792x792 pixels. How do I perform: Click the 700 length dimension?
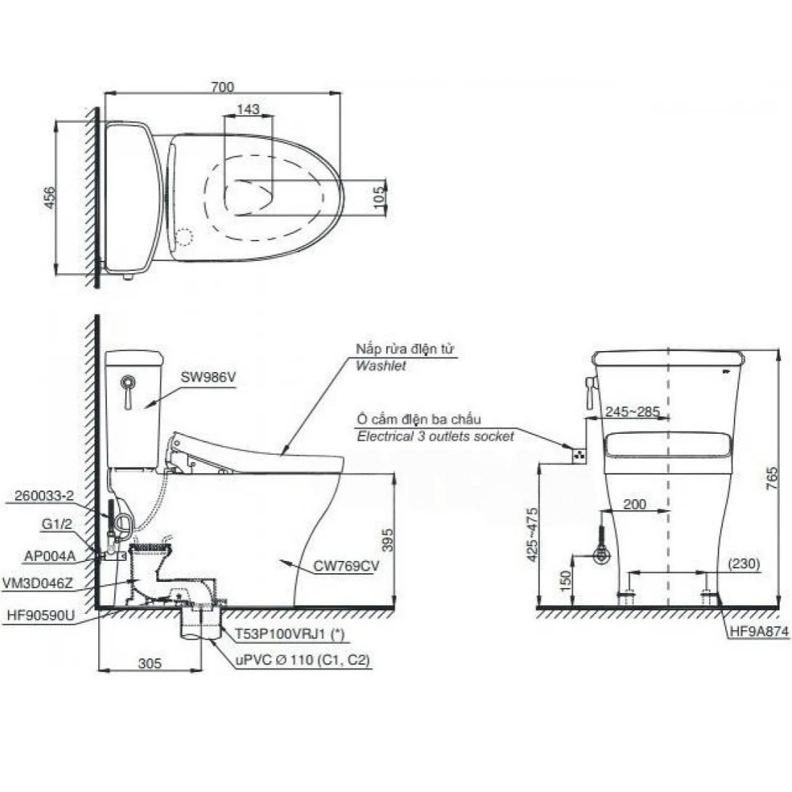point(222,87)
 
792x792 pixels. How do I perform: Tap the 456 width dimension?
point(50,197)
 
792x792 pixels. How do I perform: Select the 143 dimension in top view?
point(248,109)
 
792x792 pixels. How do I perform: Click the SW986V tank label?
point(209,377)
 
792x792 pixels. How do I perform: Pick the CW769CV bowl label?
point(346,566)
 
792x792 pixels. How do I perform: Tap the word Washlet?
point(380,365)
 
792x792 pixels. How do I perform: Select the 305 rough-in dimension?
point(150,663)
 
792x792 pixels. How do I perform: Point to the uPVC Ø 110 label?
point(302,660)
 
